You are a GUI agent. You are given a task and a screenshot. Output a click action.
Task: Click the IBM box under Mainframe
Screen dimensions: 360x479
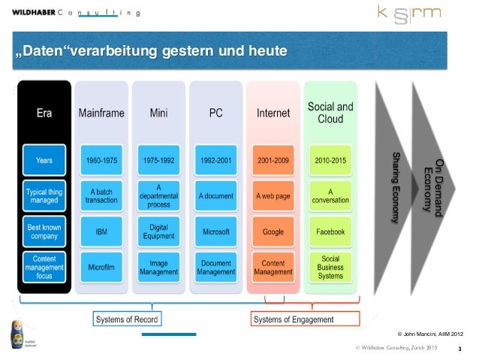[x=102, y=232]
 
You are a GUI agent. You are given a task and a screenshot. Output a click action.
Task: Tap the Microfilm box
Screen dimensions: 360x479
[x=102, y=268]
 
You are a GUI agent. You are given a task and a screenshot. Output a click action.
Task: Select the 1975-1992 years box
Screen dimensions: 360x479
[x=159, y=160]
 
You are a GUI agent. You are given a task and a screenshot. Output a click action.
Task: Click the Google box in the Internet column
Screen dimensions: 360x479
[x=273, y=232]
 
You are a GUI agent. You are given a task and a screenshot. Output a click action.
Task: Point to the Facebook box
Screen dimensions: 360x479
[x=330, y=232]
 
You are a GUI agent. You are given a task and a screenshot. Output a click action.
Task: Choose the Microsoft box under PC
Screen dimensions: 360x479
[x=216, y=232]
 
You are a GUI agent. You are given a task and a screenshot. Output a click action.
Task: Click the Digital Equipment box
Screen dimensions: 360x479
[x=159, y=232]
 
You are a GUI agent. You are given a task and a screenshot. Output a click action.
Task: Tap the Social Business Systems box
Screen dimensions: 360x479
[x=330, y=268]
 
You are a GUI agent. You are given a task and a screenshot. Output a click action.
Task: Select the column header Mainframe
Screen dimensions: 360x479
[x=102, y=113]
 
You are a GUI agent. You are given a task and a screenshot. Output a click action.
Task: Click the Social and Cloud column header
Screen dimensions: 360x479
[x=330, y=113]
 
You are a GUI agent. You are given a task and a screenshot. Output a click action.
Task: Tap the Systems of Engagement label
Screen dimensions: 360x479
[x=293, y=320]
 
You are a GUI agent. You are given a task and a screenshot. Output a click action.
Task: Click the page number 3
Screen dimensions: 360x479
[x=459, y=348]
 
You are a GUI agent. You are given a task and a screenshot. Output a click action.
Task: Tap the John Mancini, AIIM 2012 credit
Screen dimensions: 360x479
[x=430, y=332]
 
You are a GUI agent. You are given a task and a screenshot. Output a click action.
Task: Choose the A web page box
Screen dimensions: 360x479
[x=273, y=196]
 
